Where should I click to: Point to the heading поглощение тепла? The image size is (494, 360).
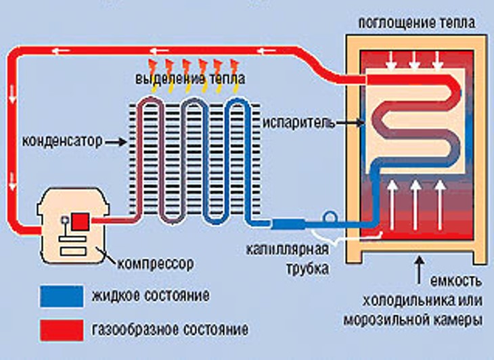tap(416, 22)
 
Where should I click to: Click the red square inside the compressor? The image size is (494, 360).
tap(80, 221)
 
